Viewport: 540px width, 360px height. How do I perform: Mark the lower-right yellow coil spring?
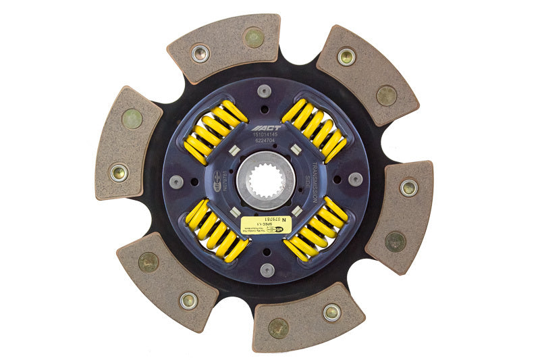(316, 230)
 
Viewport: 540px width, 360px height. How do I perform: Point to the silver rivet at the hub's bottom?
(267, 270)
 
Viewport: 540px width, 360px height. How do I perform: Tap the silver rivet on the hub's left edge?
(176, 181)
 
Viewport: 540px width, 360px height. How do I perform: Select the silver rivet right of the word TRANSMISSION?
(355, 179)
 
